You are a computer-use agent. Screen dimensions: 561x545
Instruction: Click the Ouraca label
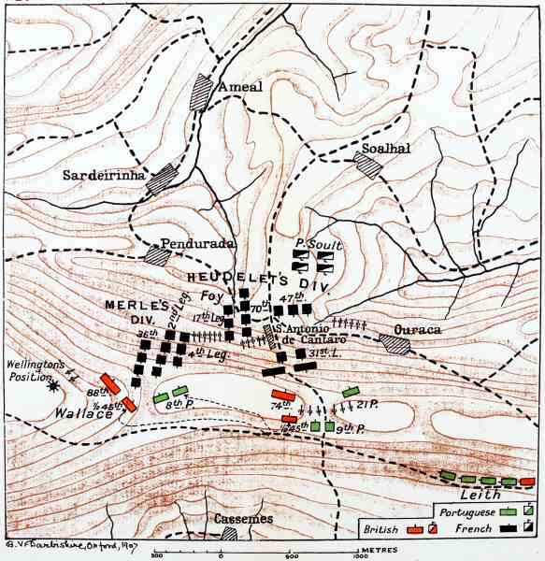[x=417, y=329]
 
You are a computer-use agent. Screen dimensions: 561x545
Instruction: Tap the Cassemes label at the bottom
[x=243, y=519]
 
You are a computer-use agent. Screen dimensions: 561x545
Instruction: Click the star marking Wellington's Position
[x=54, y=384]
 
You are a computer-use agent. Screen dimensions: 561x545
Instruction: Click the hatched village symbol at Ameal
[x=200, y=92]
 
